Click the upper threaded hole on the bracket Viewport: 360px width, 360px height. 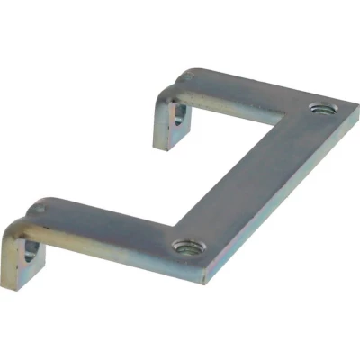coord(319,109)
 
